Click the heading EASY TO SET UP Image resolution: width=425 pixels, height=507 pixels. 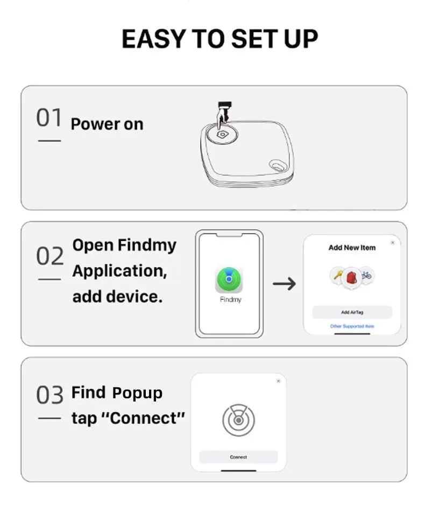[x=219, y=39]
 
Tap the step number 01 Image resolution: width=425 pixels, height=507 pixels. [x=49, y=118]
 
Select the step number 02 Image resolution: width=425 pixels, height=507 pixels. [x=49, y=256]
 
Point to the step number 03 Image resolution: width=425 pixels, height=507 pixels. [x=49, y=395]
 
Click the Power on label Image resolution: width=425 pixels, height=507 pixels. [x=107, y=124]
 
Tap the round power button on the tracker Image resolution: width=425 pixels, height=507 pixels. [x=222, y=134]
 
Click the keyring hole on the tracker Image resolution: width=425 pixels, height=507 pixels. [x=278, y=165]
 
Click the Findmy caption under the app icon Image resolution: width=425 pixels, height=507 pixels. [x=230, y=299]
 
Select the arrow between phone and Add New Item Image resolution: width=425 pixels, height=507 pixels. [x=284, y=283]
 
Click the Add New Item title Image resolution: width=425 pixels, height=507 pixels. [x=352, y=248]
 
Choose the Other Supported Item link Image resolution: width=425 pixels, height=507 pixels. [x=352, y=326]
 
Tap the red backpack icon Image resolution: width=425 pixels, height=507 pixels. [x=352, y=278]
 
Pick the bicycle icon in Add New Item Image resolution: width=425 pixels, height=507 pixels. [x=366, y=275]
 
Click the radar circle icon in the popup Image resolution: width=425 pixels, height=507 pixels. [x=238, y=420]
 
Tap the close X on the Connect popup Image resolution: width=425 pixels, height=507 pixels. [x=278, y=381]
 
